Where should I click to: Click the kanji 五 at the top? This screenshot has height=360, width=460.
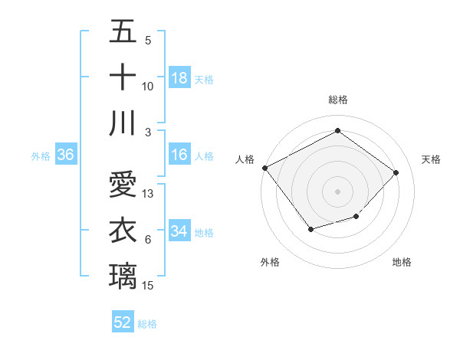(x=123, y=32)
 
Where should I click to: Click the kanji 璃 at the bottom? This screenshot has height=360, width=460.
(x=123, y=275)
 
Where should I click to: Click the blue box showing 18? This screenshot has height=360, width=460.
(x=179, y=78)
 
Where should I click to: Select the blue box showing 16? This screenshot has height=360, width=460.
(x=179, y=155)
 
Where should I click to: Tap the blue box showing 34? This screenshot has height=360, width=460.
(x=179, y=231)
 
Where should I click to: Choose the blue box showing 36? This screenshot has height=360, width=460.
(x=66, y=155)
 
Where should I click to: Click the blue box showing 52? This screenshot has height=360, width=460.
(x=123, y=322)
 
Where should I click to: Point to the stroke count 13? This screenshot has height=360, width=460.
(x=149, y=194)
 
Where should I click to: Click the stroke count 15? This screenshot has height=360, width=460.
(x=149, y=286)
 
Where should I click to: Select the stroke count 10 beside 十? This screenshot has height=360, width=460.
(x=148, y=87)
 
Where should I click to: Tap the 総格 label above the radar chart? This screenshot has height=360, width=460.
(x=338, y=100)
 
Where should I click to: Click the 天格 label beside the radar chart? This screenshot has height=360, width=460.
(x=432, y=159)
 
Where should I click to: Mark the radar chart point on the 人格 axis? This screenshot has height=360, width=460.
(x=264, y=168)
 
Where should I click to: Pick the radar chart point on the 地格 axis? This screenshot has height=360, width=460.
(x=356, y=218)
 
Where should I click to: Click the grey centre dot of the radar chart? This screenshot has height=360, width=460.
(x=337, y=191)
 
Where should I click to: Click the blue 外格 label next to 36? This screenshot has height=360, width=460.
(x=41, y=156)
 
